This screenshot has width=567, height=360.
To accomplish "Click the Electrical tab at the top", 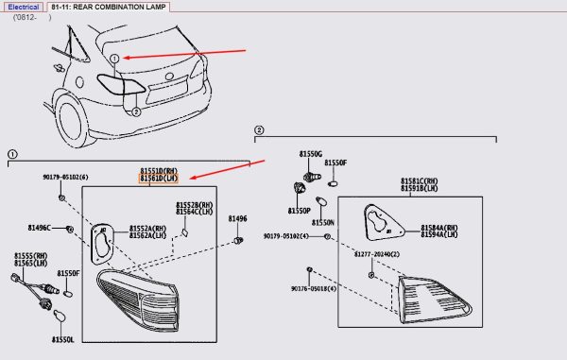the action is click(x=24, y=7).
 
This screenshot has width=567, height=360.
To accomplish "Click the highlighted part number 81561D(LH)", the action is click(x=160, y=178).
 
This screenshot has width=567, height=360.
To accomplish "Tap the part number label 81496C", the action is click(x=40, y=228).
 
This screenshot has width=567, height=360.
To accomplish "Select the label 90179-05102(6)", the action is click(x=65, y=177).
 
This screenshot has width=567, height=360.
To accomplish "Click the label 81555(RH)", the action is click(x=31, y=256).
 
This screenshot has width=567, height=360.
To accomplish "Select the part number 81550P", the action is click(x=300, y=210).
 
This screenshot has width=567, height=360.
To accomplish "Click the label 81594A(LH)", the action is click(x=439, y=234).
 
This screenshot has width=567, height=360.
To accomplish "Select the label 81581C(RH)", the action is click(x=419, y=180).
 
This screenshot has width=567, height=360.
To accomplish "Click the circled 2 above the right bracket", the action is click(x=259, y=129).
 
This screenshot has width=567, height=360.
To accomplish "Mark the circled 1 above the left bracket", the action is click(x=12, y=152).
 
